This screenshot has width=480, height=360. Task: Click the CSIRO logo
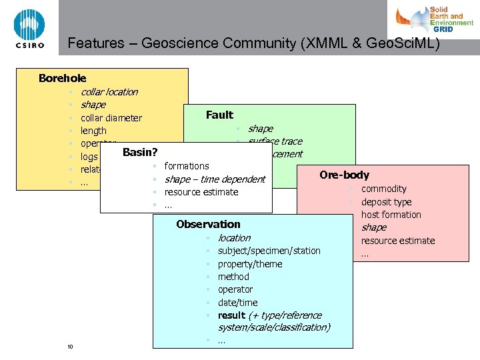click(29, 28)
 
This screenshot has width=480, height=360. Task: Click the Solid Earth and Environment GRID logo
click(434, 20)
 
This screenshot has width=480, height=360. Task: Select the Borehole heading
click(62, 79)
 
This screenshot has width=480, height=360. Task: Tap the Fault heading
click(219, 115)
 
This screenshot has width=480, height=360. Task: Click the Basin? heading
click(140, 153)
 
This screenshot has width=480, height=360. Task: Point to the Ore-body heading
click(344, 175)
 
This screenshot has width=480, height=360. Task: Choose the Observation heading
click(208, 225)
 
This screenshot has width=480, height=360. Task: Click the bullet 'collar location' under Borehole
click(109, 92)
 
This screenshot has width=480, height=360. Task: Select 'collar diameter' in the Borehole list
click(111, 118)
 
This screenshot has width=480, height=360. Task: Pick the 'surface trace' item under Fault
click(275, 141)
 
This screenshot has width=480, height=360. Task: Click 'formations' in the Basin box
click(187, 166)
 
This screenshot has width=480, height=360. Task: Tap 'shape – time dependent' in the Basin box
click(215, 179)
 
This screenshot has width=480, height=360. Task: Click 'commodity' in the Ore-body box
click(383, 189)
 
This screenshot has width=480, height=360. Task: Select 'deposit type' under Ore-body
click(386, 202)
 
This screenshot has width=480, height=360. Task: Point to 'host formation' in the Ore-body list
click(391, 215)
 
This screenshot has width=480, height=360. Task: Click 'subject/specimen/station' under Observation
click(269, 251)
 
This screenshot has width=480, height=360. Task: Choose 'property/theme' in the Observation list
click(249, 264)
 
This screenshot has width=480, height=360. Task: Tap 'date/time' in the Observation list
click(237, 303)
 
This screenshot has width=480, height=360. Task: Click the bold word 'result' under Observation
click(231, 315)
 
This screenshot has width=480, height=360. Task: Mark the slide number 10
click(70, 346)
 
